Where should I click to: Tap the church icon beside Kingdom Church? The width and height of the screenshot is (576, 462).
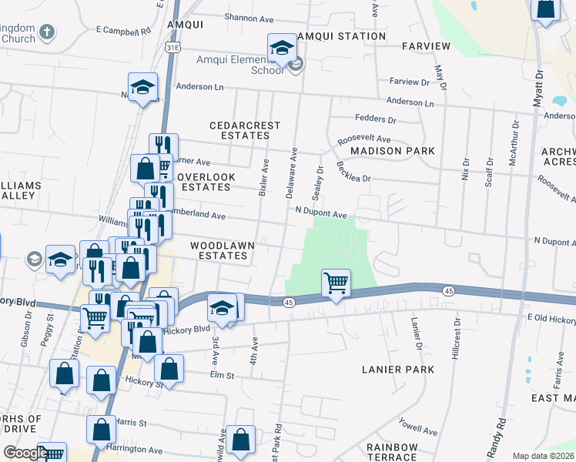[x=47, y=32]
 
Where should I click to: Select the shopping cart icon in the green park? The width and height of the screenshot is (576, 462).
[x=336, y=283]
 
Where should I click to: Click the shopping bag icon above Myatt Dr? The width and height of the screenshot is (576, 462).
[x=545, y=9]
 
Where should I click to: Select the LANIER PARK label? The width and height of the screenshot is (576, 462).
[x=398, y=370]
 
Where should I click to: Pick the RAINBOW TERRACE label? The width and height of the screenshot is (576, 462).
[x=392, y=453]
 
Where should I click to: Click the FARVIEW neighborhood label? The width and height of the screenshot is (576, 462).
[x=426, y=46]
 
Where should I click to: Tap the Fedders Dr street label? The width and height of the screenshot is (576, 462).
[x=375, y=119]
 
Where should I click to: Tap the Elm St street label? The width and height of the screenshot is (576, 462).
[x=223, y=374]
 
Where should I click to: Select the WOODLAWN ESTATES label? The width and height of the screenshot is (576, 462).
[x=223, y=250]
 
